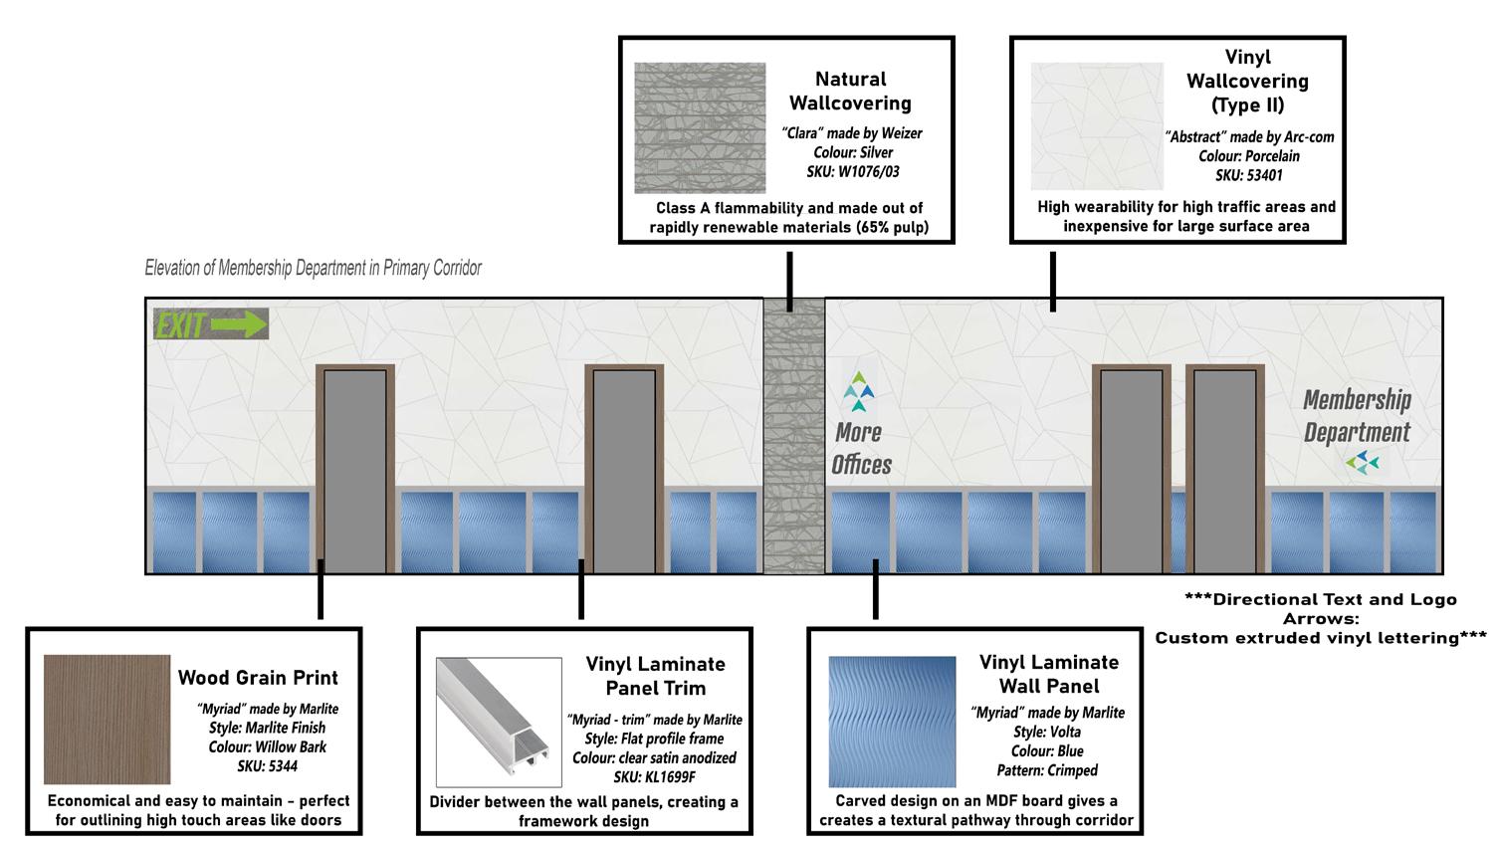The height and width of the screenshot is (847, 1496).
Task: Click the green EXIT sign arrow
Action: (240, 324)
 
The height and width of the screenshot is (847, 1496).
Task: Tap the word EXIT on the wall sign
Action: (180, 325)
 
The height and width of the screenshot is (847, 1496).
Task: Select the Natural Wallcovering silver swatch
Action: (700, 127)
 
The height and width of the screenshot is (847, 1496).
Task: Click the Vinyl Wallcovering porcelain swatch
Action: (1096, 126)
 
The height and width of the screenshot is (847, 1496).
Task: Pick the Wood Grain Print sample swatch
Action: (107, 719)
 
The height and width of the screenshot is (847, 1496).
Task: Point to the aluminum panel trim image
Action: (499, 722)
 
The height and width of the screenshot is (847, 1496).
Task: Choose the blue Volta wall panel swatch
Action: (891, 721)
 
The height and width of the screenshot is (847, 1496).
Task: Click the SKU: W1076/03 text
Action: (852, 171)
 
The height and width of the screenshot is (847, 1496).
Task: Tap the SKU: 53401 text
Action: (1248, 175)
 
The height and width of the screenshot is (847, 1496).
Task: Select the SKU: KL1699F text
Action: (654, 776)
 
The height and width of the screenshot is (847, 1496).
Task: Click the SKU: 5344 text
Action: (267, 765)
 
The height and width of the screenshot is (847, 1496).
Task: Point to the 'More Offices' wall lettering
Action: (861, 448)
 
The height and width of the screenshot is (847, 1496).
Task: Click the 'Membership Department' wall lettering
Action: (1357, 416)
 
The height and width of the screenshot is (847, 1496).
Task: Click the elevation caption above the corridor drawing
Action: (313, 268)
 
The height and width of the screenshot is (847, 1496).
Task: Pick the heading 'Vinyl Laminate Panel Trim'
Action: (655, 676)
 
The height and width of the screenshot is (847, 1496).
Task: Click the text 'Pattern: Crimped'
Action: (1047, 769)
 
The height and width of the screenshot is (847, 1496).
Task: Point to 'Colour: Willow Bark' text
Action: (267, 746)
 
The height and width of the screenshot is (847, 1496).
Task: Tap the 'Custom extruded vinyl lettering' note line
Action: (1320, 638)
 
